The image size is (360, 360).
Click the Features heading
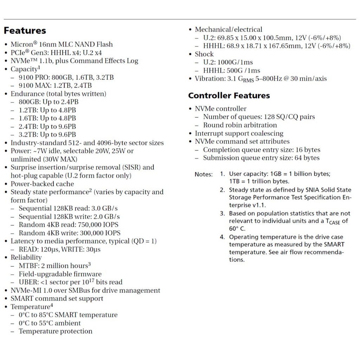[25, 31]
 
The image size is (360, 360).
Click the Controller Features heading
[229, 96]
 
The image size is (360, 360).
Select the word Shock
[204, 54]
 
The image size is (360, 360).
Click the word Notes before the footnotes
[204, 174]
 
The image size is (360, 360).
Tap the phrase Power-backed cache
[42, 184]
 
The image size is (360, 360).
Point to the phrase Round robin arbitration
[240, 125]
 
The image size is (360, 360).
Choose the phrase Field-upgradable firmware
[60, 274]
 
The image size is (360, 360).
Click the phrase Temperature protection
[56, 331]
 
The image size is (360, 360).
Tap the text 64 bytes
[307, 158]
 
